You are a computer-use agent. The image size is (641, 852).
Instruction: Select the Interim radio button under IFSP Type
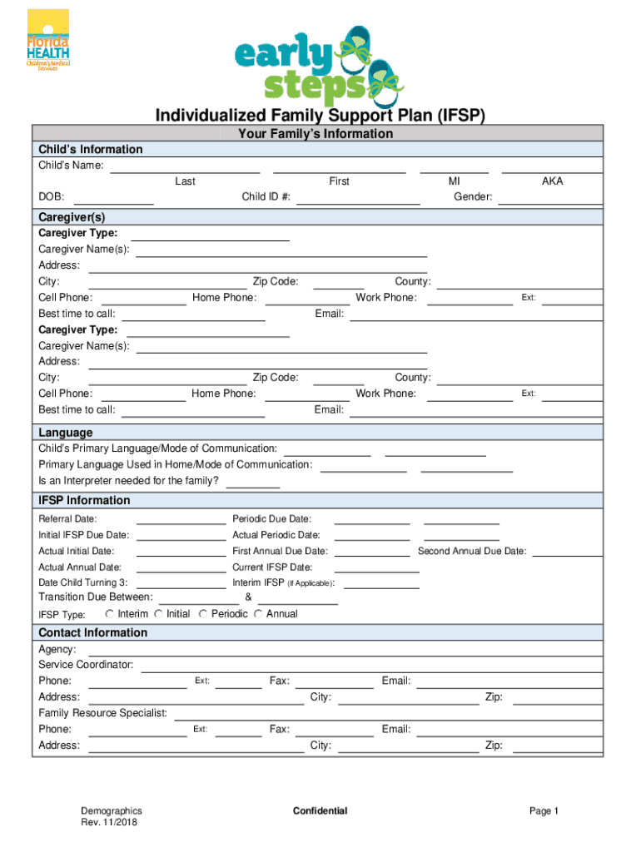[x=111, y=614]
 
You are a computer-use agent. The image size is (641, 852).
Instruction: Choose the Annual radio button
[x=260, y=614]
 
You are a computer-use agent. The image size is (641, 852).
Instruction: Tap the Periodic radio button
[x=205, y=614]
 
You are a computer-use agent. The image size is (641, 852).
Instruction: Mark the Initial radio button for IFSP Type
[x=159, y=614]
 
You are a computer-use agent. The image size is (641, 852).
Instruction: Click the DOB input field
[x=114, y=198]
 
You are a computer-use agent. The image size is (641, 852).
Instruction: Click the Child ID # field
[x=358, y=198]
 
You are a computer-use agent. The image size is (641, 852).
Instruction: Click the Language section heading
[x=66, y=433]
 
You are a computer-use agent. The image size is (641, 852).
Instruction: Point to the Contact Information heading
[x=92, y=632]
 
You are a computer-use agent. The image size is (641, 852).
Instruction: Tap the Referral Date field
[x=181, y=519]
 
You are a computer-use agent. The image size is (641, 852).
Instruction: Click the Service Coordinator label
[x=86, y=665]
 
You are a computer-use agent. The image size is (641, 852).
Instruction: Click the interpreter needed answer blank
[x=253, y=481]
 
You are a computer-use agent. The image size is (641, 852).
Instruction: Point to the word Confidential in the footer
[x=320, y=811]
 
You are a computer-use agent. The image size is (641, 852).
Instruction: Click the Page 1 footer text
[x=544, y=811]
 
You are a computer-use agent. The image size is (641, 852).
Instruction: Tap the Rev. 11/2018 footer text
[x=109, y=823]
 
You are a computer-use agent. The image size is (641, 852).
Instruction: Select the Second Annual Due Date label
[x=471, y=551]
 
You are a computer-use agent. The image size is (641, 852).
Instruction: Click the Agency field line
[x=340, y=649]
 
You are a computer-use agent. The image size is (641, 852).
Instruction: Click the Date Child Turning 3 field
[x=181, y=582]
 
